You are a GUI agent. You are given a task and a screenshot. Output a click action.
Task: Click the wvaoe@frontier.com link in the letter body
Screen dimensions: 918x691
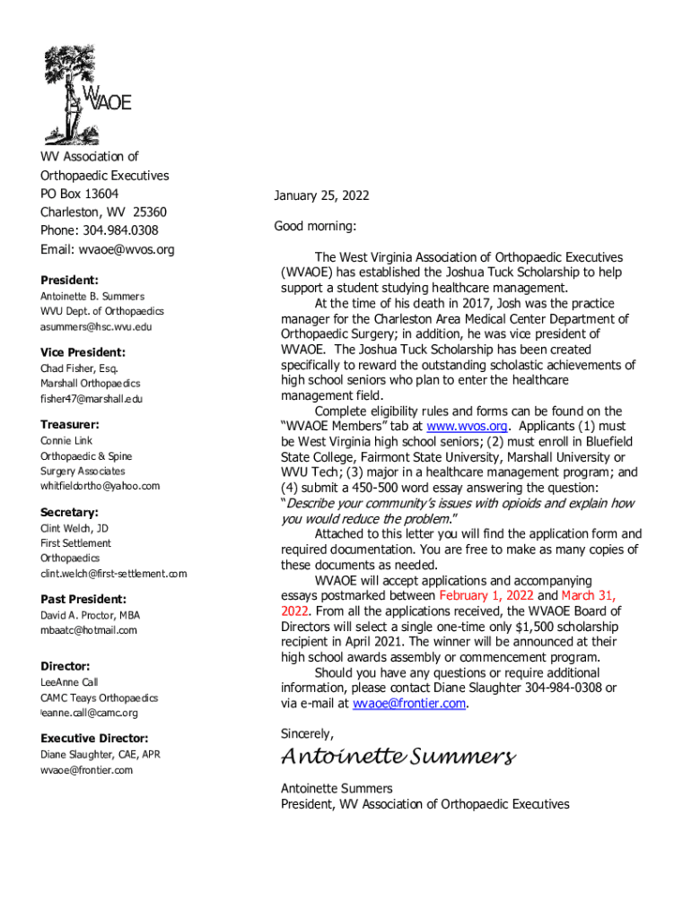(x=409, y=703)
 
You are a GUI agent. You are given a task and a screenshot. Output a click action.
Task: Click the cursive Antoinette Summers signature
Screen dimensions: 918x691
(x=398, y=757)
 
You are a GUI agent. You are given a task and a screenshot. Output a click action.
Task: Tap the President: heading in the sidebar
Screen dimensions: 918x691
(x=69, y=280)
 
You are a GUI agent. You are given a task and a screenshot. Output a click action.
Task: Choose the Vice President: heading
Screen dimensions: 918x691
(x=83, y=352)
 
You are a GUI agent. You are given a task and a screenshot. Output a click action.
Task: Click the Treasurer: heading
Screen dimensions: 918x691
(x=69, y=424)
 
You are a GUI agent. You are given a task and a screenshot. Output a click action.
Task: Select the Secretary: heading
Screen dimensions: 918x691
(x=69, y=512)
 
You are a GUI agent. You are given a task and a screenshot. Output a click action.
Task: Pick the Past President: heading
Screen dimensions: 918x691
(x=83, y=599)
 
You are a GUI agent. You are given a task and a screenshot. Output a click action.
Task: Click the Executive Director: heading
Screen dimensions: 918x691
(x=94, y=738)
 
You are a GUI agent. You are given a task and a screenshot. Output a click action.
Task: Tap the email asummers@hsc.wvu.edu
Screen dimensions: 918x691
(x=96, y=326)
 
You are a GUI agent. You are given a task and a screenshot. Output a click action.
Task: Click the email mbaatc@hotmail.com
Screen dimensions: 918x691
(x=89, y=630)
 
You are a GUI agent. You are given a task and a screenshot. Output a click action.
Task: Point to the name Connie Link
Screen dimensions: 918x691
(x=66, y=441)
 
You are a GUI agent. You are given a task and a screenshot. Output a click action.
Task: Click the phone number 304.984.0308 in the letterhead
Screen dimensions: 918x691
(x=125, y=230)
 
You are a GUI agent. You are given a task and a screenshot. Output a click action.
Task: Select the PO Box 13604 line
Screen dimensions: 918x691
(x=80, y=194)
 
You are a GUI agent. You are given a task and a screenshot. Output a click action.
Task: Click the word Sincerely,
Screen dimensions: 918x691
(x=307, y=733)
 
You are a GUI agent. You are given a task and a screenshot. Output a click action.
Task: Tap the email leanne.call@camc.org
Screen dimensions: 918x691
(x=90, y=713)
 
